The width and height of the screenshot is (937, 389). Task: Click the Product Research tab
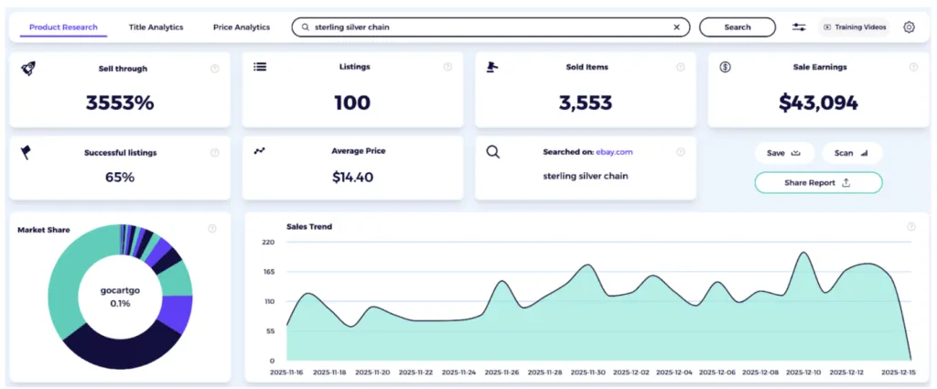coord(63,27)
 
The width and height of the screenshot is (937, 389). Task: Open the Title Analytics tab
coord(156,27)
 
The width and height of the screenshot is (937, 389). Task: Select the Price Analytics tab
coord(242,27)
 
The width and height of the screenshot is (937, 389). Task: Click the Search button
coord(737,27)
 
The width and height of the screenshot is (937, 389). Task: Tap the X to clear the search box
coord(676,27)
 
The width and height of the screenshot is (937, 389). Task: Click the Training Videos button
coord(855,27)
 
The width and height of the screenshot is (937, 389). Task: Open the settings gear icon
coord(909,27)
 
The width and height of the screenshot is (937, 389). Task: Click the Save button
coord(783,153)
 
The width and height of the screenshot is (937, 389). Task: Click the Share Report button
coord(818,182)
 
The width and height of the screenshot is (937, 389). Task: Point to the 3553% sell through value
coord(120,103)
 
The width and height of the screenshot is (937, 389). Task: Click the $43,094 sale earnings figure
coord(818,103)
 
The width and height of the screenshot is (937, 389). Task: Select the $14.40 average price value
coord(352,177)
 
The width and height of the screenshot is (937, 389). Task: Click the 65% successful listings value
coord(120,177)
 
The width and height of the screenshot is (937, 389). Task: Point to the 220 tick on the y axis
coord(267,243)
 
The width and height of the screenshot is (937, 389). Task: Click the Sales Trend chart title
coord(308,226)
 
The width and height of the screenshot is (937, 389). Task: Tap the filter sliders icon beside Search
coord(799,27)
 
